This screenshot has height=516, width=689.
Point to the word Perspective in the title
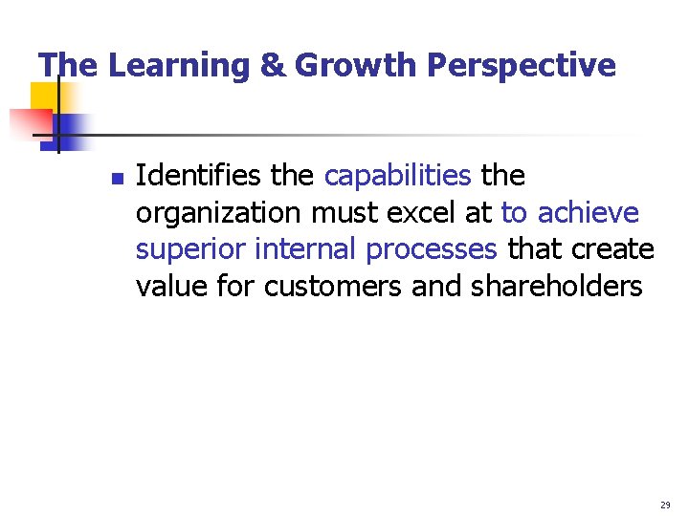(x=521, y=65)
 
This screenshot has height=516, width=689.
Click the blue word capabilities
(x=398, y=176)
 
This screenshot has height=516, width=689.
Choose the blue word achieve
(x=589, y=212)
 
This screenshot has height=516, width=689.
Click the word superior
(x=190, y=248)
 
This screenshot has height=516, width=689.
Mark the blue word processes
(x=432, y=248)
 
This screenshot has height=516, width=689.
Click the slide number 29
(x=665, y=504)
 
